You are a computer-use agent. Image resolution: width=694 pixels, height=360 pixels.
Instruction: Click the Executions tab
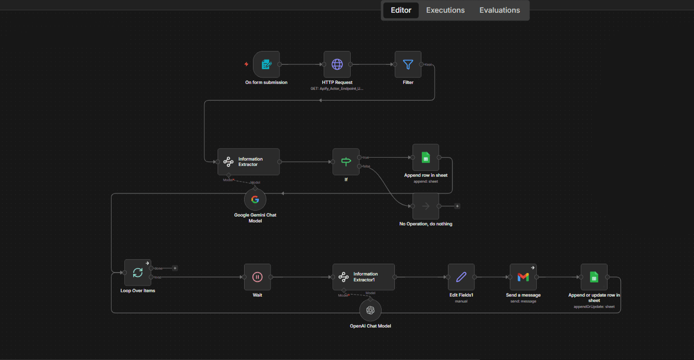445,10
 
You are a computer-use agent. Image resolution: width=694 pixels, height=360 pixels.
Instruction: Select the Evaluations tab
500,10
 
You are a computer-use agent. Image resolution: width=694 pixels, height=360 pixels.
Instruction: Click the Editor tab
401,10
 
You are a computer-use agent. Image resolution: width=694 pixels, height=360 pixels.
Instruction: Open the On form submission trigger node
266,64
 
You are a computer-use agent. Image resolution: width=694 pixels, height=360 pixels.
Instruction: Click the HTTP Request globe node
337,64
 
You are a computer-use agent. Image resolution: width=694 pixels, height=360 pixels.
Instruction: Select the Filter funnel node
408,64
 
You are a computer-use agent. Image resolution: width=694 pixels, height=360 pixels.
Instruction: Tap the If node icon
346,162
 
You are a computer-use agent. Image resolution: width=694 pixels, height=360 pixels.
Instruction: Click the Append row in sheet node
425,158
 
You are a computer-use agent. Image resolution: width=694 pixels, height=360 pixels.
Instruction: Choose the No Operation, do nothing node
425,206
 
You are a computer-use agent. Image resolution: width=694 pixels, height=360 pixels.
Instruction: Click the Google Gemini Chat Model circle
255,199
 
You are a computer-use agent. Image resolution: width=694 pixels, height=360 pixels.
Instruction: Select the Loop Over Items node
138,273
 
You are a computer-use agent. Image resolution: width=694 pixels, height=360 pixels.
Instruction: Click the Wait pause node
257,277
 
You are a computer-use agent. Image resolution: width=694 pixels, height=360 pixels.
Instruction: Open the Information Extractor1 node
363,277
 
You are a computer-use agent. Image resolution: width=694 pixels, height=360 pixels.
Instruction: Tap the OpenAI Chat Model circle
370,310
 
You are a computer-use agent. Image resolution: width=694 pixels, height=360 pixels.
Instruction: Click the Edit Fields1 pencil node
461,277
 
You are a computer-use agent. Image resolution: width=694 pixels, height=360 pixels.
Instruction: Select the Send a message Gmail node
523,277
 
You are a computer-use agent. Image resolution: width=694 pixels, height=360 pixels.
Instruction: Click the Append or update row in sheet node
594,277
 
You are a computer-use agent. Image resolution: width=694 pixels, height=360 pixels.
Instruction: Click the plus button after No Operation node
457,206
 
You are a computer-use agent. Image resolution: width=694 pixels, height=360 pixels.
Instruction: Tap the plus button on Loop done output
175,268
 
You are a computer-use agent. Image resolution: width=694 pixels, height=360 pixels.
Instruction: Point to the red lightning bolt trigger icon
247,64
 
